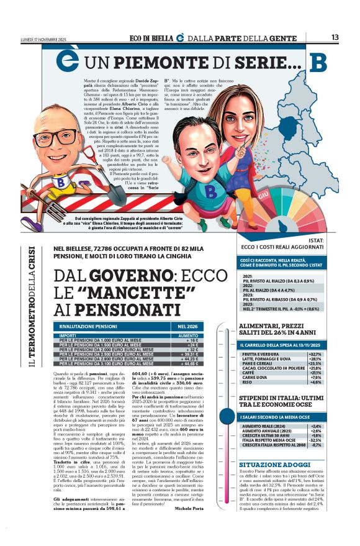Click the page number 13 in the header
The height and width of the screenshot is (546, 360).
335,38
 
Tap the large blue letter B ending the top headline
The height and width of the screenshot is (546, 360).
318,63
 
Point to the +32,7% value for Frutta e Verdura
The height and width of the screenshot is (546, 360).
314,354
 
